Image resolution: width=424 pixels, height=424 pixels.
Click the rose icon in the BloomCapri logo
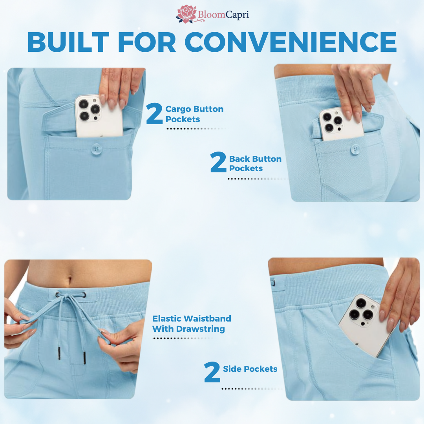click(x=186, y=14)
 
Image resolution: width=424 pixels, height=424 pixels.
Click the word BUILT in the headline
click(x=68, y=42)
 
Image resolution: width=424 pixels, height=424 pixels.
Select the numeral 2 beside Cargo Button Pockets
click(x=154, y=113)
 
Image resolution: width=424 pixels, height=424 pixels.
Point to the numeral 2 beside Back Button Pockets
click(x=218, y=162)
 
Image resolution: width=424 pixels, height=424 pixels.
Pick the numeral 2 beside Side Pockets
click(x=212, y=372)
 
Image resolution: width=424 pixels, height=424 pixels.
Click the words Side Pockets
click(x=250, y=369)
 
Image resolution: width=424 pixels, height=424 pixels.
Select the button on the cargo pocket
click(x=96, y=149)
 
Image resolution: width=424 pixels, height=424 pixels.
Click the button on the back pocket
click(x=355, y=149)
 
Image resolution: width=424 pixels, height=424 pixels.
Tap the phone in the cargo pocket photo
click(x=99, y=116)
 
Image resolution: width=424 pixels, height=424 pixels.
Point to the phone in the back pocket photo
click(x=341, y=124)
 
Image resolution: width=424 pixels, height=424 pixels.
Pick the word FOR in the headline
click(x=147, y=42)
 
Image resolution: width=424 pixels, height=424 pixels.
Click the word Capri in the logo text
click(x=237, y=15)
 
